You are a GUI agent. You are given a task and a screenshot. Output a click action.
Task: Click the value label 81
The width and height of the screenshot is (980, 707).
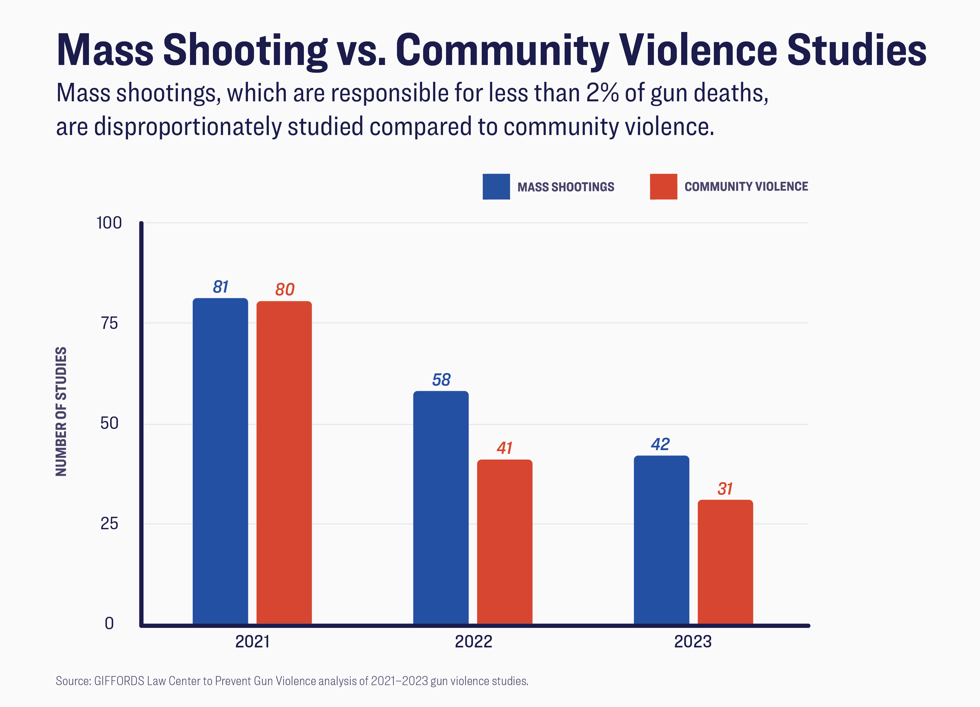[x=220, y=287]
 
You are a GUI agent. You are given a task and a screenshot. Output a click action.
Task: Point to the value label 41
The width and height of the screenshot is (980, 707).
[x=504, y=448]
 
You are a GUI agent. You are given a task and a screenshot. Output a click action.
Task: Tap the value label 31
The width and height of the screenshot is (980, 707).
[x=725, y=489]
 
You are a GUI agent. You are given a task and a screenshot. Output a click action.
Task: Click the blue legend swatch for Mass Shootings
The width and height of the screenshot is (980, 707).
[x=496, y=187]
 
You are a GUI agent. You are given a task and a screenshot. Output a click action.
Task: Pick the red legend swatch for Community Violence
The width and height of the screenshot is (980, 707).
[x=663, y=187]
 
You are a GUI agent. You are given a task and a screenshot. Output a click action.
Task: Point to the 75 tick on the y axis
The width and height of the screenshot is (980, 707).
[x=109, y=323]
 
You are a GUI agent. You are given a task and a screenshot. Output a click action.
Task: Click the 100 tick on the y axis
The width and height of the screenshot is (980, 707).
[x=109, y=223]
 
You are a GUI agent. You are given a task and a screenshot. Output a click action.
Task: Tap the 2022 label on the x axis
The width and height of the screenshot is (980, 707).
[x=473, y=642]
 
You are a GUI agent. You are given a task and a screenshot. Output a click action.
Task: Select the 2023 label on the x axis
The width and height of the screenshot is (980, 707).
[x=693, y=642]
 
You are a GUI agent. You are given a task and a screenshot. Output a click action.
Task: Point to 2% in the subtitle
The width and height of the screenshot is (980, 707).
[x=602, y=93]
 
